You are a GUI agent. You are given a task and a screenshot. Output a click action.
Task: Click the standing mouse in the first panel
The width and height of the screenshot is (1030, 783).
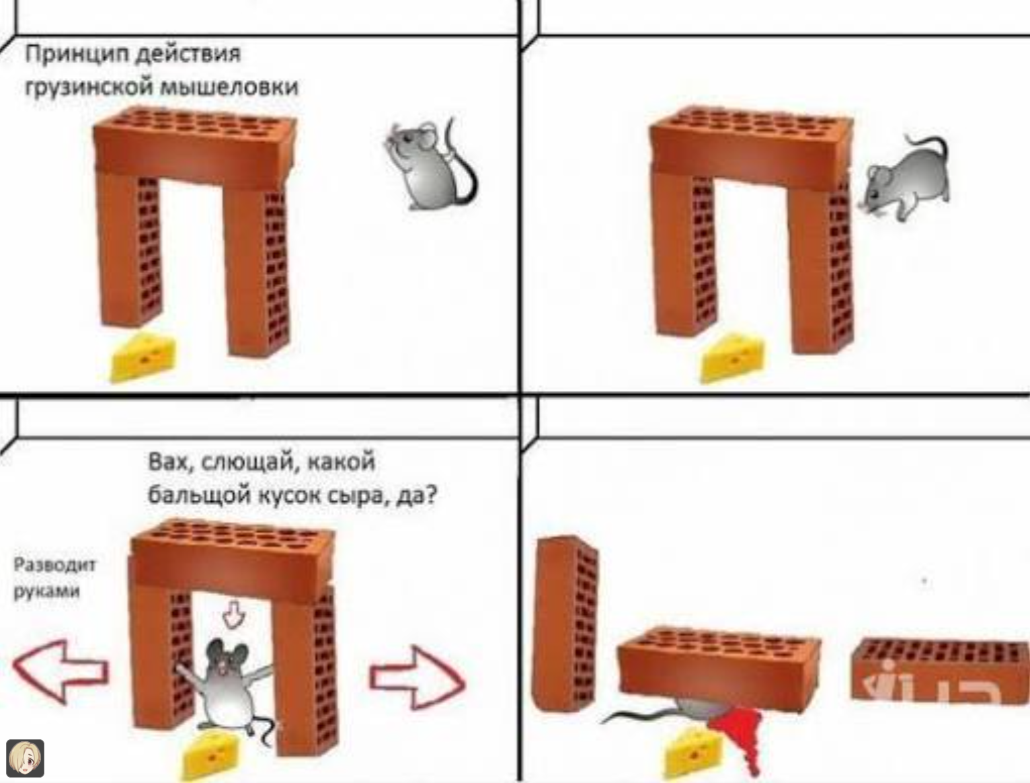pyautogui.click(x=430, y=164)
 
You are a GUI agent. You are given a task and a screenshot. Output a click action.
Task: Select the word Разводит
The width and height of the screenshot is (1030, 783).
pyautogui.click(x=55, y=564)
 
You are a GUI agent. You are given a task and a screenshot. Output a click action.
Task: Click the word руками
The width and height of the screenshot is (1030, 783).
pyautogui.click(x=47, y=591)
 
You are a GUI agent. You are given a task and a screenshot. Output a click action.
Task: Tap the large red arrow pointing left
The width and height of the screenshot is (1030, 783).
pyautogui.click(x=60, y=672)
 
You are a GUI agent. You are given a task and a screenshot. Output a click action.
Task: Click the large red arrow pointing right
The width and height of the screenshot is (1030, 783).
pyautogui.click(x=418, y=677)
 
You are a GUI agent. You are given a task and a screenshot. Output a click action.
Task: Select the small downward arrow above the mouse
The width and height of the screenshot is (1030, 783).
pyautogui.click(x=233, y=614)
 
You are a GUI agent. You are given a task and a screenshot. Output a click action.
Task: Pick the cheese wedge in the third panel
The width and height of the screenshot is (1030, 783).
pyautogui.click(x=210, y=756)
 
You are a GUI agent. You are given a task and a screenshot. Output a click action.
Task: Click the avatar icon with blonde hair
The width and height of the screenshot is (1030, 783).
pyautogui.click(x=26, y=758)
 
